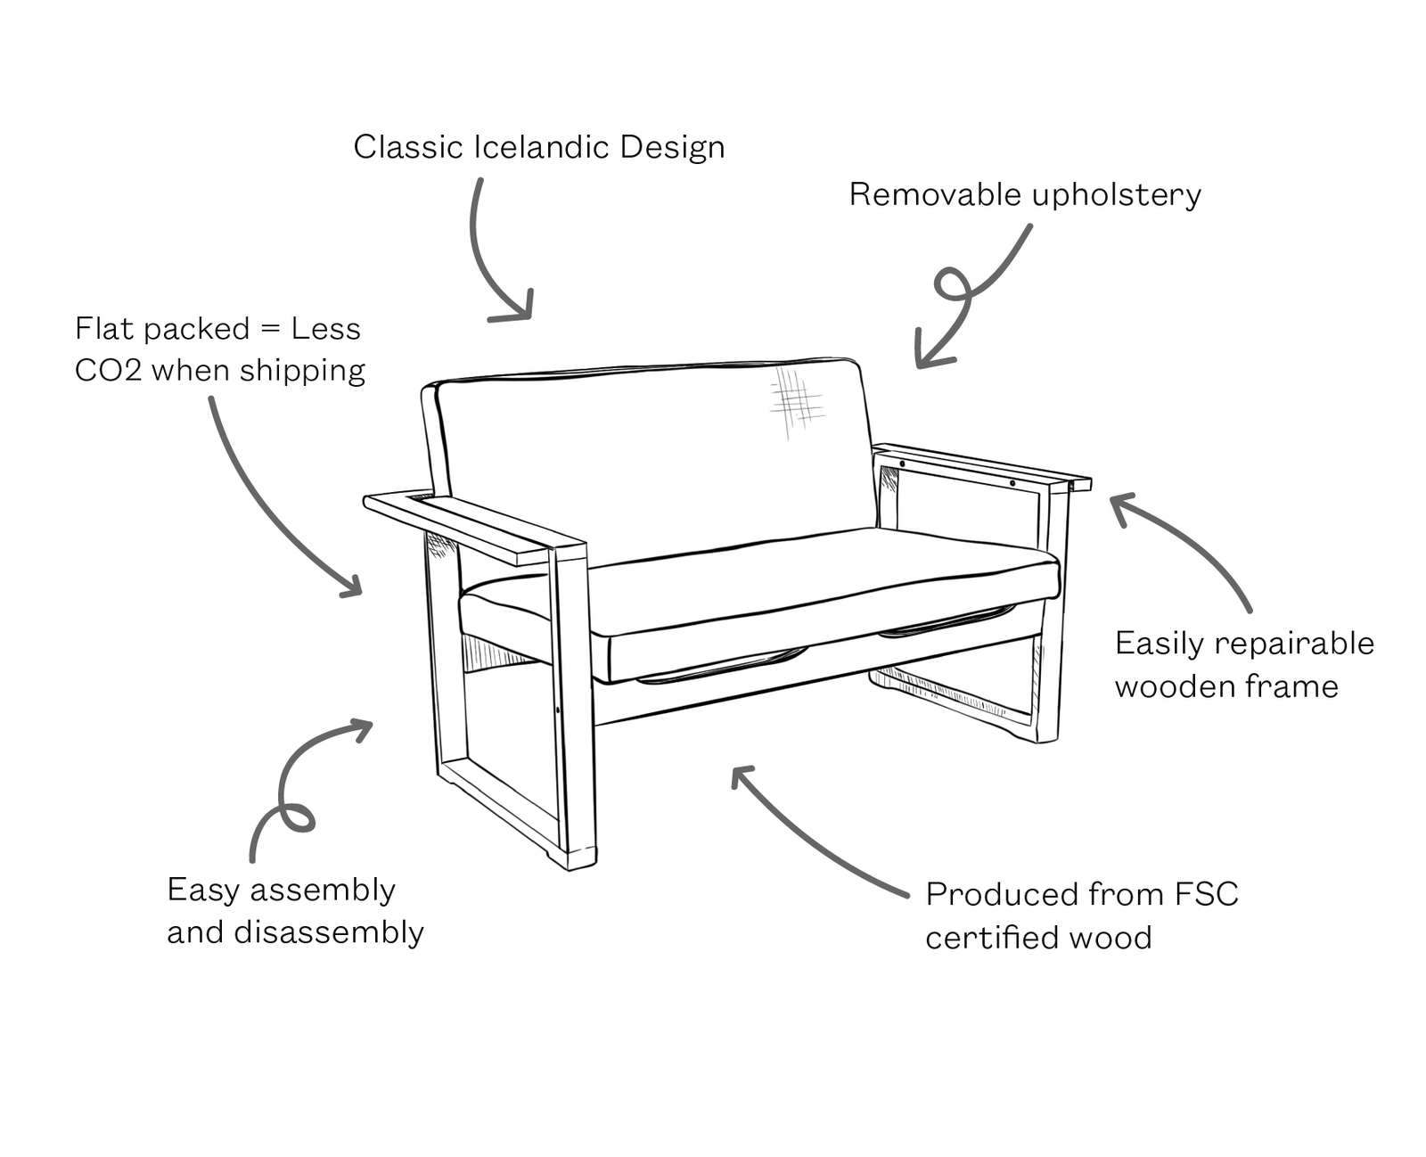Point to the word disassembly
click(x=329, y=933)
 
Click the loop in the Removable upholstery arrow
click(x=952, y=283)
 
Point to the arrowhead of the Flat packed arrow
click(x=353, y=586)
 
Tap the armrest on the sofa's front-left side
click(x=472, y=525)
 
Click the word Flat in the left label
click(x=104, y=329)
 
